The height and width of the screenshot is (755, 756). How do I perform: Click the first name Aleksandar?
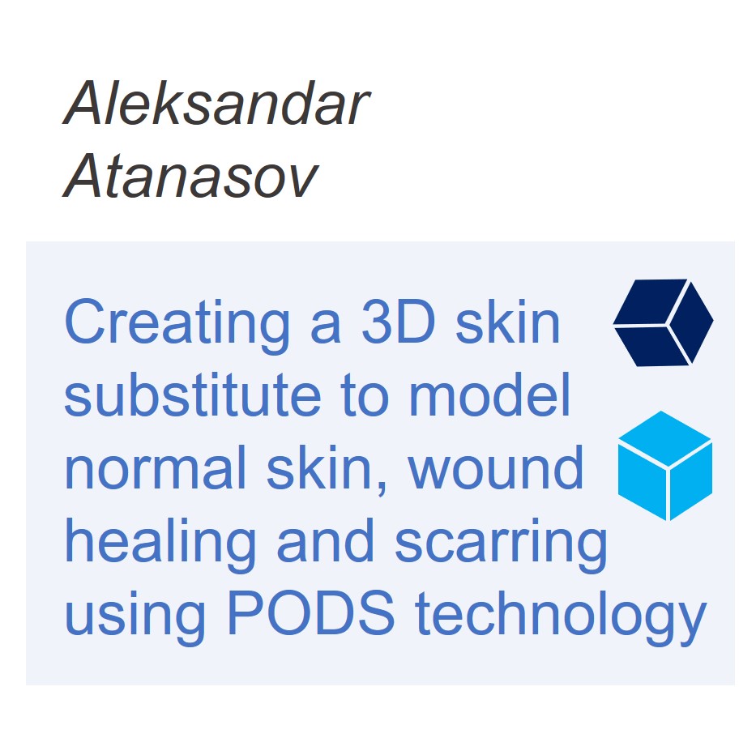pos(216,103)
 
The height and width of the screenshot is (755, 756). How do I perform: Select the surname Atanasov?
pos(190,176)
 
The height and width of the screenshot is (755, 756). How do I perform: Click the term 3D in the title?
pos(398,321)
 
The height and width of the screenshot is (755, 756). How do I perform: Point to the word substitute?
pos(192,395)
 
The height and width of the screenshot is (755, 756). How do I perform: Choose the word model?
pos(489,395)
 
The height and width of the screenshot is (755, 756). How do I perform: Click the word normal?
pos(156,467)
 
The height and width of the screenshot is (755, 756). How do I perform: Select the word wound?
pos(496,467)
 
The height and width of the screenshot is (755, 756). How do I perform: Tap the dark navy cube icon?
pos(663,322)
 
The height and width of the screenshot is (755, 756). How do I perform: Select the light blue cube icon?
pos(665,466)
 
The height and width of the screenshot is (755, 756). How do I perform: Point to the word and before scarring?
pos(325,540)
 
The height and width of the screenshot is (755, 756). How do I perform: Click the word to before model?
pos(365,395)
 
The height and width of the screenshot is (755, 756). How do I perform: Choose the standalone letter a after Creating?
pos(326,326)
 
